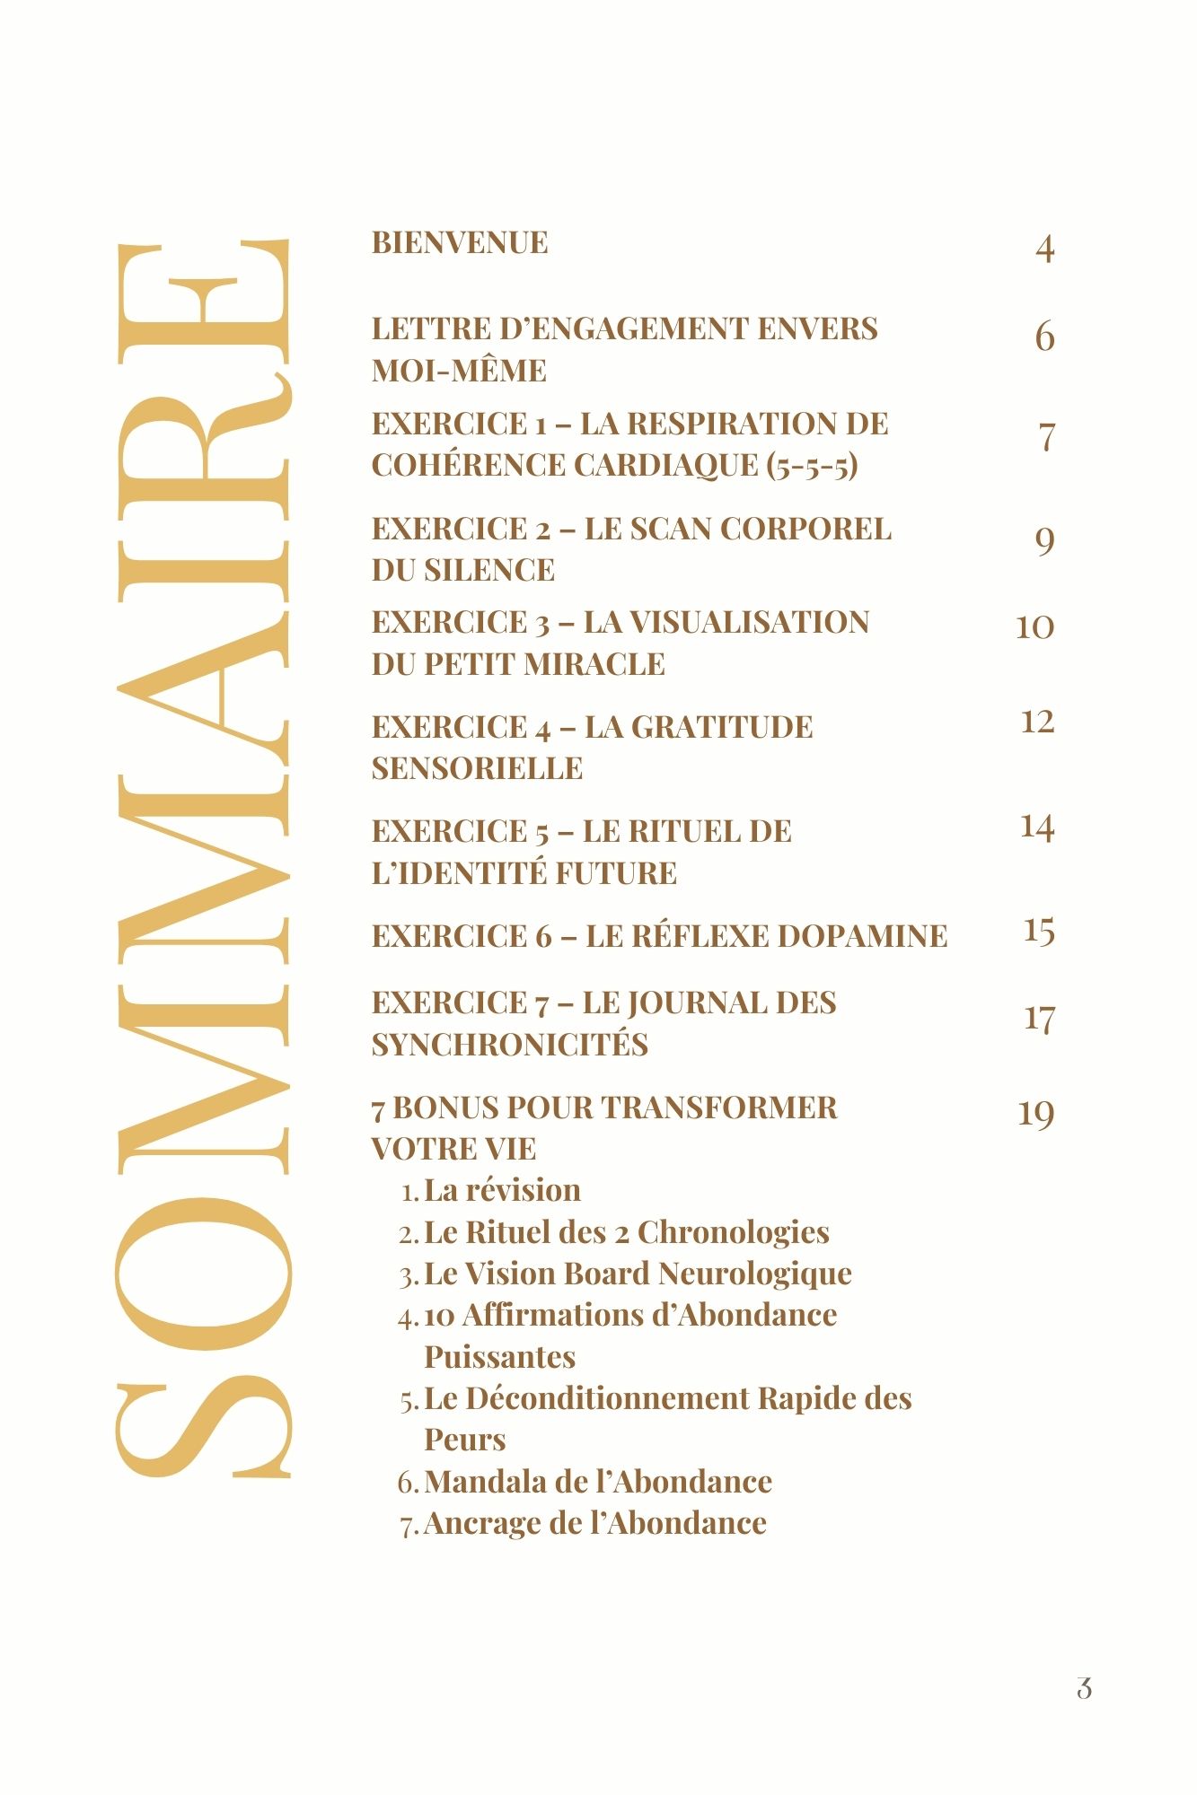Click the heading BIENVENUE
pyautogui.click(x=460, y=242)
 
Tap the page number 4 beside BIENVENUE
pyautogui.click(x=1044, y=249)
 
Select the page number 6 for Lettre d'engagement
pyautogui.click(x=1044, y=337)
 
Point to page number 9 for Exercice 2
pyautogui.click(x=1044, y=540)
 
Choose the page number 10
pyautogui.click(x=1034, y=626)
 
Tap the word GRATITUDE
pyautogui.click(x=722, y=727)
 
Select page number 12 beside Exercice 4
pyautogui.click(x=1037, y=722)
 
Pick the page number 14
pyautogui.click(x=1037, y=827)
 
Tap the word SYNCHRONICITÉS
pyautogui.click(x=509, y=1045)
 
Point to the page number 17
pyautogui.click(x=1039, y=1019)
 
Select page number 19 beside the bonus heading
pyautogui.click(x=1035, y=1114)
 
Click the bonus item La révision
pyautogui.click(x=502, y=1191)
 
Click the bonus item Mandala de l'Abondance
pyautogui.click(x=597, y=1482)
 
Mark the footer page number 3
pyautogui.click(x=1084, y=1688)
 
